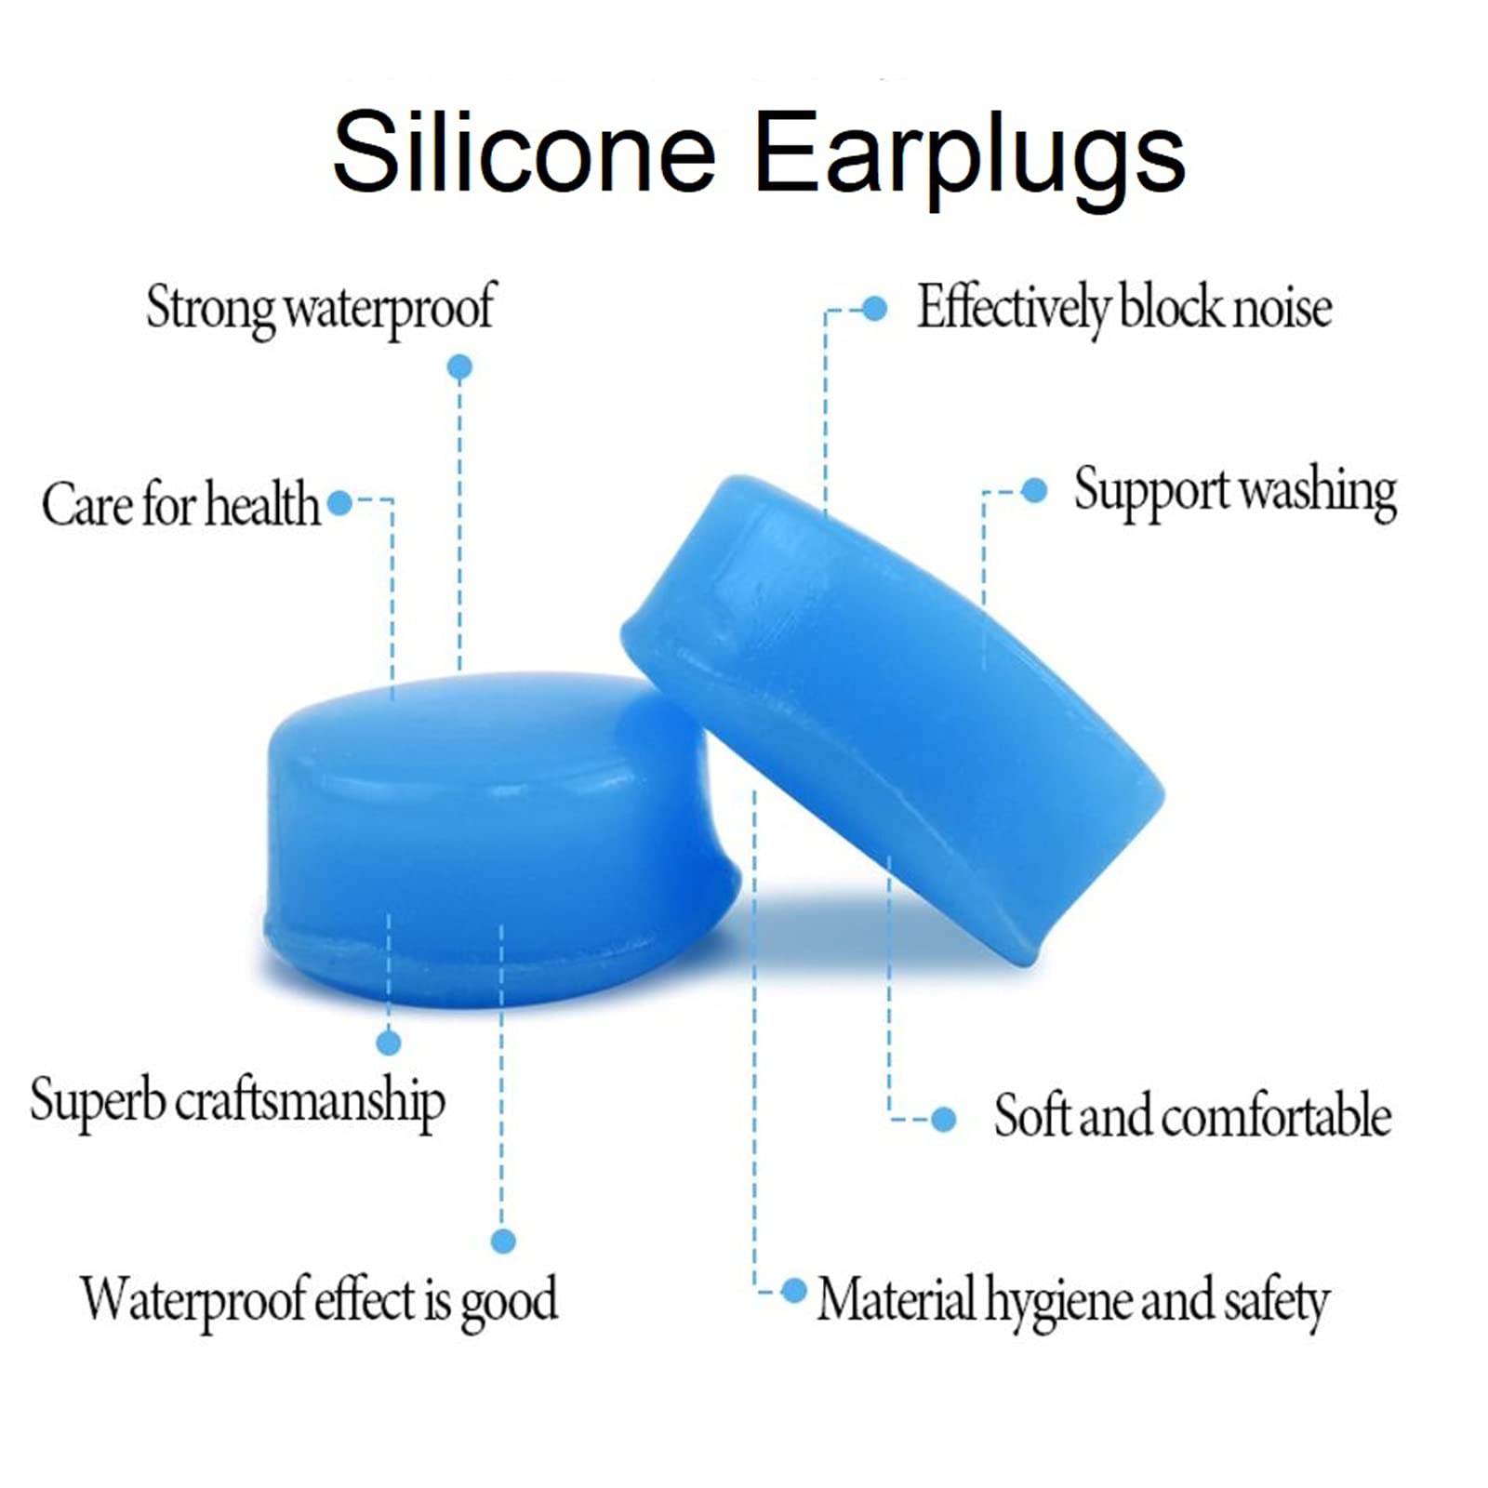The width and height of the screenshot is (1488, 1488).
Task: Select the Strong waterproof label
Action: [x=321, y=309]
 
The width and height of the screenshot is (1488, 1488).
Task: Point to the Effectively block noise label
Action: [x=1124, y=307]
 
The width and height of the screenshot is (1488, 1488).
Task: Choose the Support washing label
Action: [x=1235, y=492]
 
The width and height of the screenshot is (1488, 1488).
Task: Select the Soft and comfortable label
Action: [x=1192, y=1115]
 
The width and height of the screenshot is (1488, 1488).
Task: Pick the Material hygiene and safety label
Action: [x=1073, y=1301]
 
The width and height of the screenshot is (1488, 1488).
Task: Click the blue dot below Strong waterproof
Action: [x=459, y=367]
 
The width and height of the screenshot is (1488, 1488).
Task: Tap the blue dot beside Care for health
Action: [x=340, y=503]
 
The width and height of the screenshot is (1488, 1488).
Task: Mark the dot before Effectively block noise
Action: [x=874, y=309]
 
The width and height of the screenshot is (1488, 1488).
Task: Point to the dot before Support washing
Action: [x=1034, y=491]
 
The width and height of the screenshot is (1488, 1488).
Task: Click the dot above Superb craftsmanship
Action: [x=389, y=1043]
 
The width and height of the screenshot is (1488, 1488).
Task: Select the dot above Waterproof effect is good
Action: [x=503, y=1241]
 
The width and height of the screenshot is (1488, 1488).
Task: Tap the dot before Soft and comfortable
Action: [x=943, y=1119]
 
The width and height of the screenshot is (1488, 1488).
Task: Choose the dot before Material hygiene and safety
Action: [x=794, y=1291]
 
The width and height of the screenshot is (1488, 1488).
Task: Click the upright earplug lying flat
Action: [x=498, y=837]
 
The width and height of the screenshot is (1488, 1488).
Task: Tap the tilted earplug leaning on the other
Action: [x=893, y=716]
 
